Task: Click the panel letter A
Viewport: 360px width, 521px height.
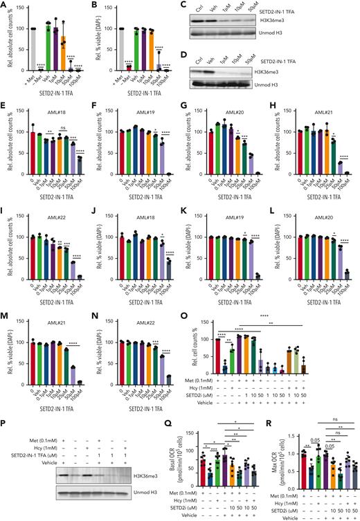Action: [x=4, y=5]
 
